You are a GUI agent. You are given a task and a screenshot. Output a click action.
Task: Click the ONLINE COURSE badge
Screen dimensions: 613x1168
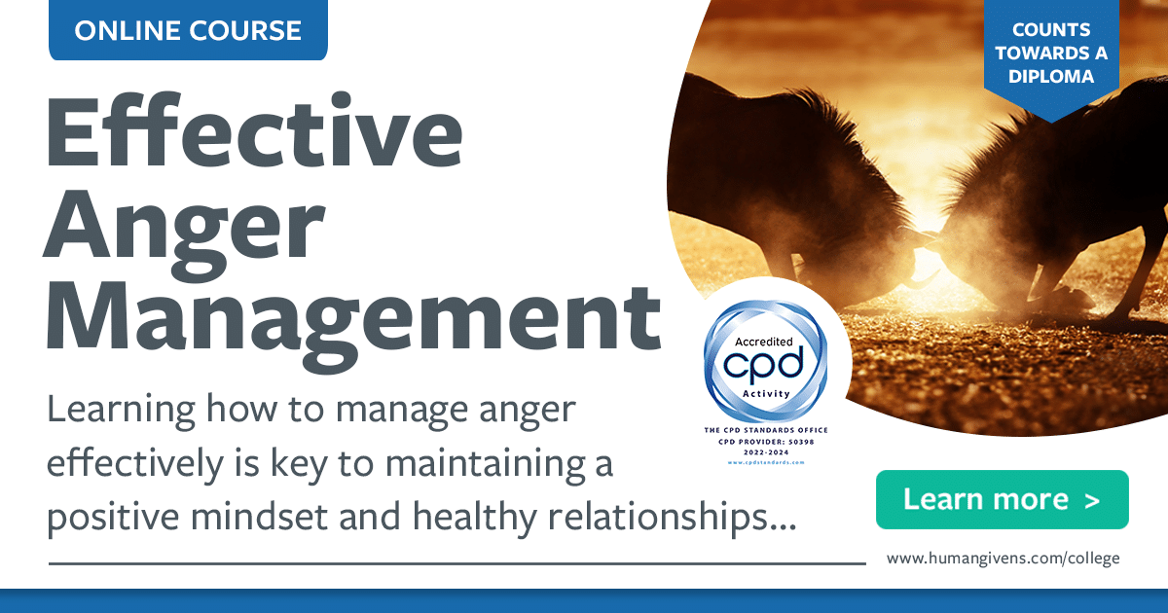point(188,30)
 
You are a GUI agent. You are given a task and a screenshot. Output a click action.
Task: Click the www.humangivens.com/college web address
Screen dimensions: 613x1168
point(1003,558)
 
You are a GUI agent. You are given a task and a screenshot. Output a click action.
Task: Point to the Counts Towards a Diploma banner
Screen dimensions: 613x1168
point(1051,54)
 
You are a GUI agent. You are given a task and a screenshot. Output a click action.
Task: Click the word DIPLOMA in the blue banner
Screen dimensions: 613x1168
point(1051,76)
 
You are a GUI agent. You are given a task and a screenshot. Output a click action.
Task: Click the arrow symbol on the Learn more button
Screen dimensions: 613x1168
point(1091,500)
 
